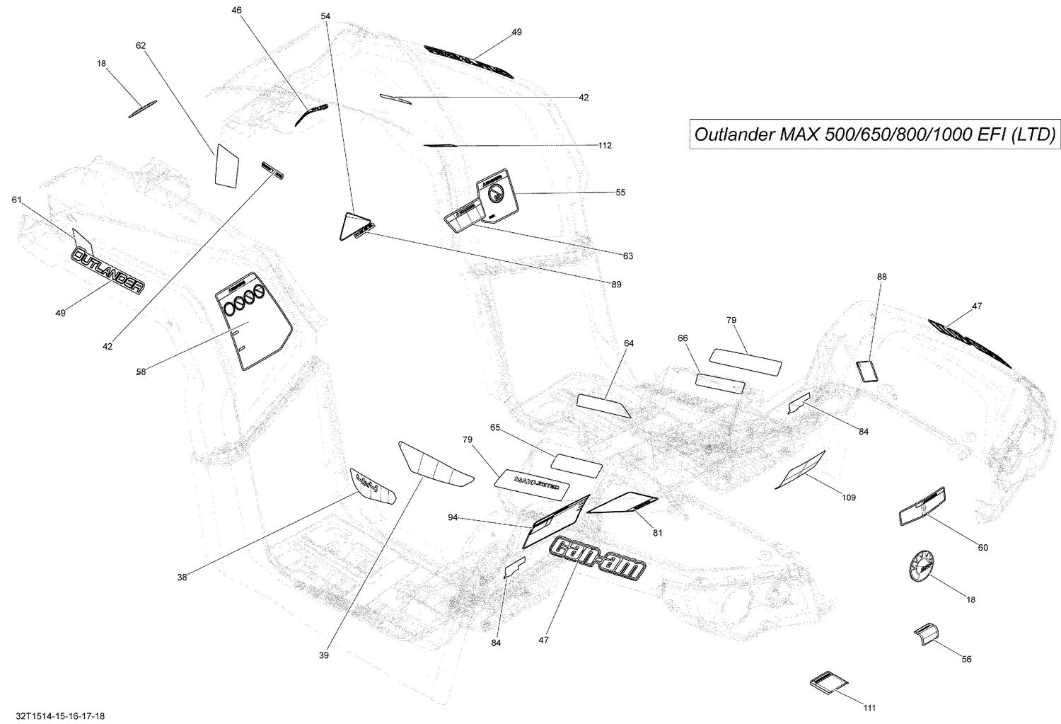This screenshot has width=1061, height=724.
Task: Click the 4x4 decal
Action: point(372,487)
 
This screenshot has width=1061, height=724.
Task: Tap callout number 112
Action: point(604,146)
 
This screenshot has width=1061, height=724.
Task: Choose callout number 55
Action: point(620,193)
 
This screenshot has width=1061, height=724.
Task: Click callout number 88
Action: point(881,277)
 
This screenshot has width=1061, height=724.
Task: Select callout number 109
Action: point(849,498)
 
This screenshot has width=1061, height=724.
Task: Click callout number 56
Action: point(966,659)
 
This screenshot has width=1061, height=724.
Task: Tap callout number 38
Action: point(182,577)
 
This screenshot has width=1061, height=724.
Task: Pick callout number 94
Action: point(453,517)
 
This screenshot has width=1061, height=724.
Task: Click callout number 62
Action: point(141,45)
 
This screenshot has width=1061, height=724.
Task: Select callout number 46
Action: point(236,10)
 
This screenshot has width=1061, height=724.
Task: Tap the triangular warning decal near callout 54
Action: point(350,226)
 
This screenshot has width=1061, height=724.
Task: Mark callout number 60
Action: point(982,547)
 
